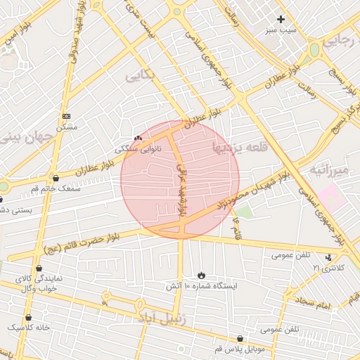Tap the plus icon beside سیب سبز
[x=281, y=19]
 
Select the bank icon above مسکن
[x=66, y=116]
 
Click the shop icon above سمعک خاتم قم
[x=56, y=178]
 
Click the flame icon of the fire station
[x=202, y=275]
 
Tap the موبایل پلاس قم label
[x=240, y=349]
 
